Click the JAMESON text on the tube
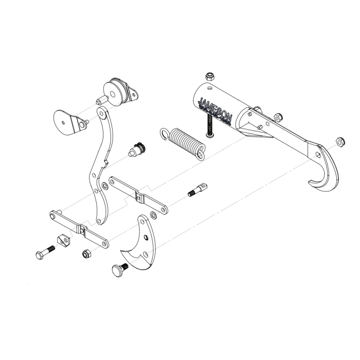pyautogui.click(x=215, y=109)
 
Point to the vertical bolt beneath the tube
pyautogui.click(x=209, y=124)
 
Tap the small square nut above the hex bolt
pyautogui.click(x=62, y=239)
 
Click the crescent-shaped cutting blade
pyautogui.click(x=139, y=247)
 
